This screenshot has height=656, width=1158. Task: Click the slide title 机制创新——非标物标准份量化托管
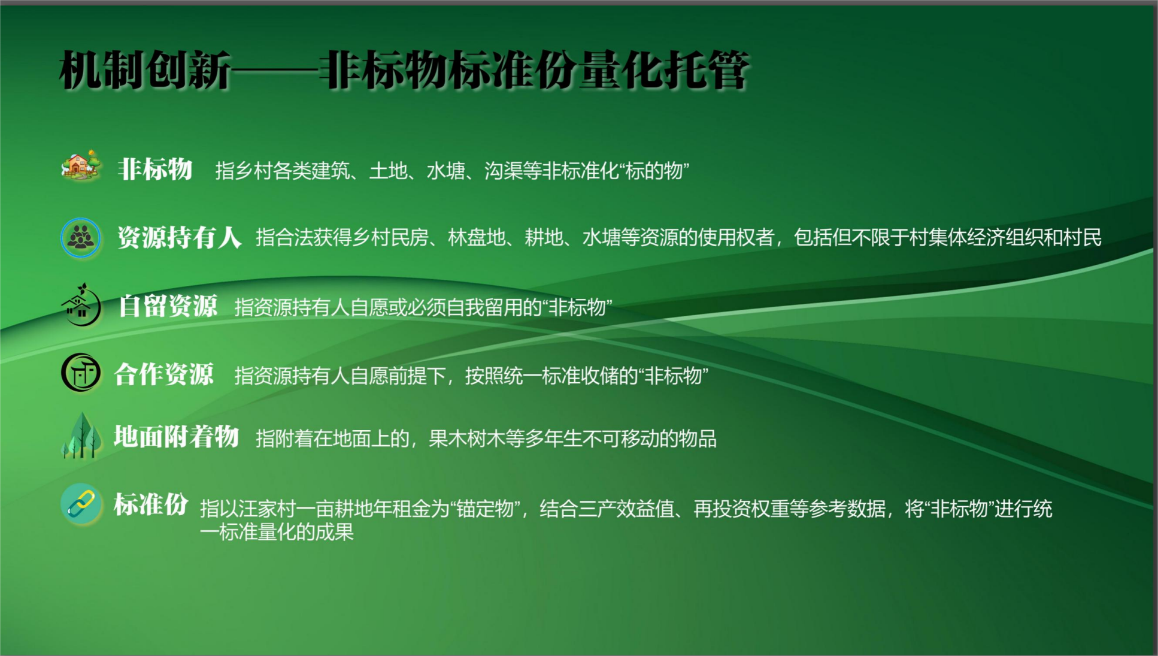(404, 71)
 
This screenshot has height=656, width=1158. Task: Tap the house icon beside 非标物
(81, 165)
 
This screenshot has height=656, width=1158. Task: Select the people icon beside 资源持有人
(81, 237)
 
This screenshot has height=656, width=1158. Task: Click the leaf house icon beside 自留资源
(81, 305)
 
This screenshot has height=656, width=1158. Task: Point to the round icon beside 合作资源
(81, 373)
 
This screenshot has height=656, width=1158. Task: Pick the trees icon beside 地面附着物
(81, 436)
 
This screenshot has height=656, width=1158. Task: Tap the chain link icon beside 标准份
(81, 504)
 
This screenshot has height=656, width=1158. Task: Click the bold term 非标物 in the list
(155, 170)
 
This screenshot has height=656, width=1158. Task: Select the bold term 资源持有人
(180, 237)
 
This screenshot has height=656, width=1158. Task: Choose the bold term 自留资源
(168, 306)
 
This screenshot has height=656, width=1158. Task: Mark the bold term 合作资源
(163, 374)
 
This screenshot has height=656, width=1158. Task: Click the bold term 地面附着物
(176, 437)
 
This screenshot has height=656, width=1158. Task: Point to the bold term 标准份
(151, 504)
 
